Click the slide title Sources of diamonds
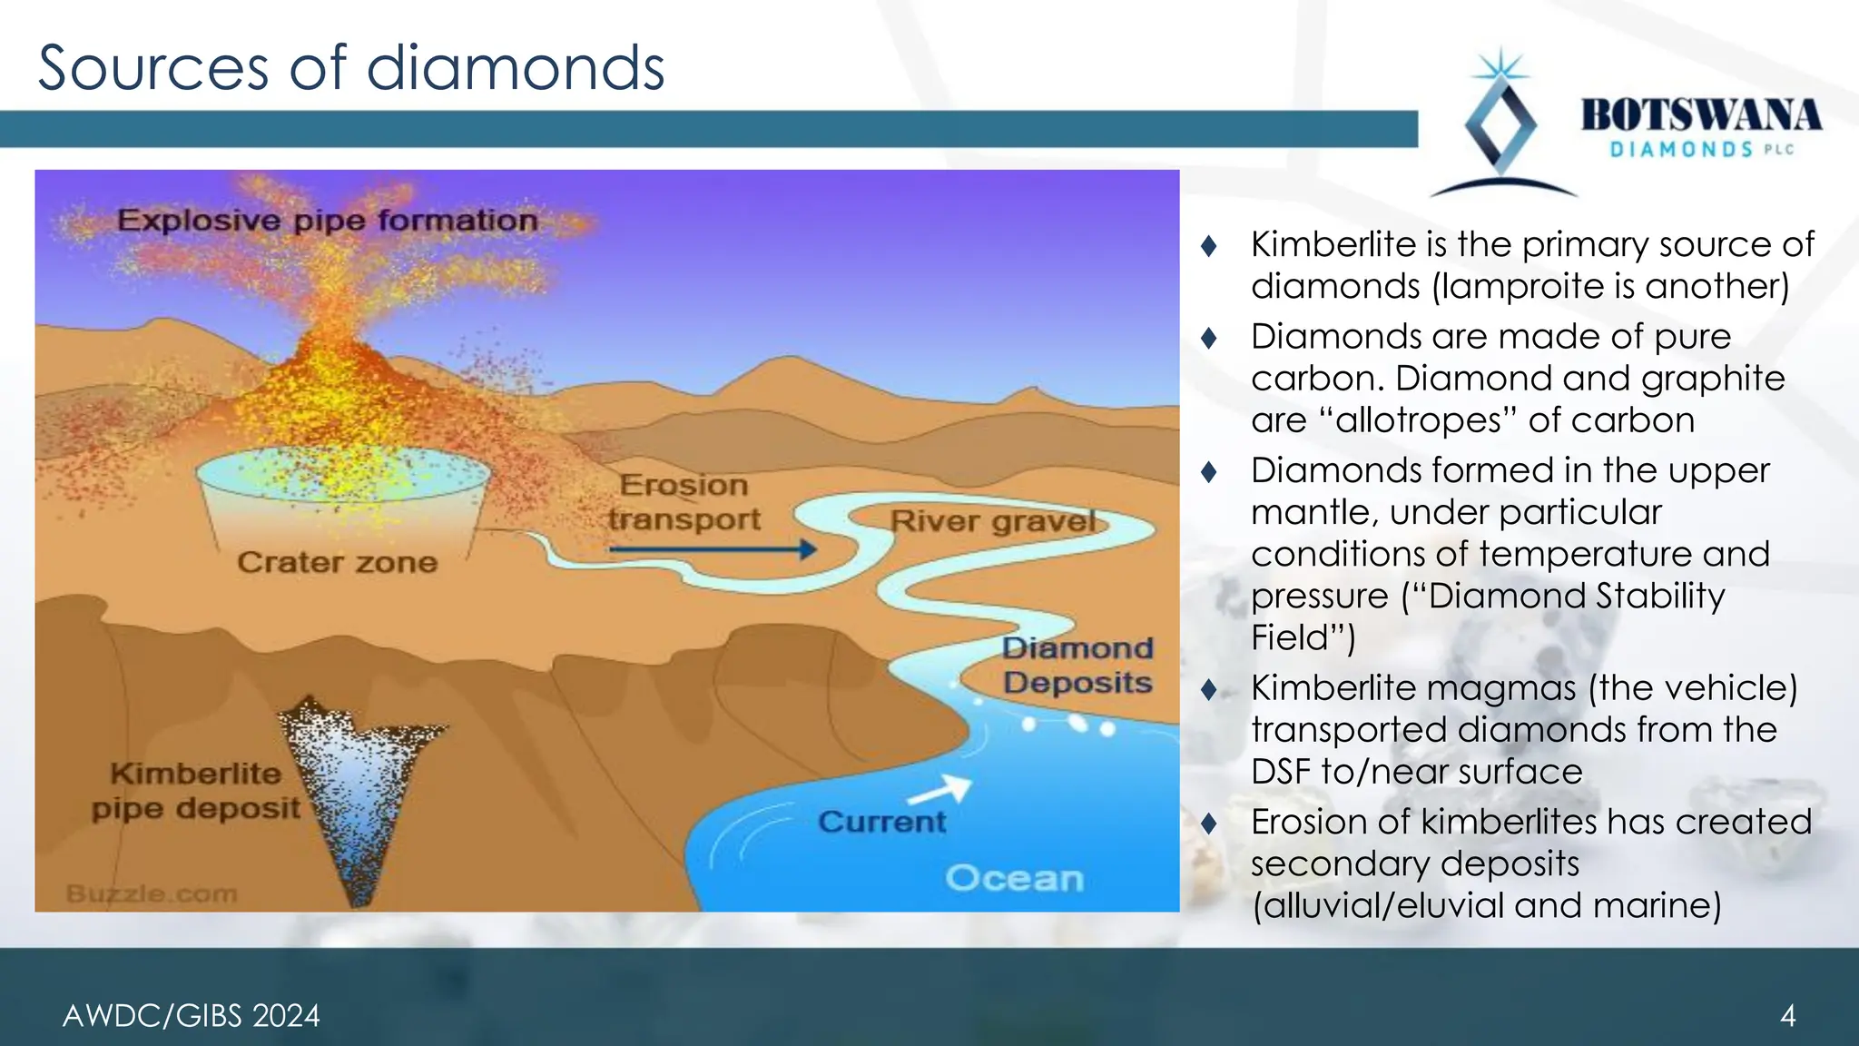pos(351,68)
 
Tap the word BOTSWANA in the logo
pos(1701,116)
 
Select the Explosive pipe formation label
pos(327,221)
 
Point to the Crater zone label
pos(337,563)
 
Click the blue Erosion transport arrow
pos(713,549)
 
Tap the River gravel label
pos(993,521)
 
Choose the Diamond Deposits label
pos(1077,666)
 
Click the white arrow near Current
pos(940,790)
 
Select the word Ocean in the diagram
pos(1014,878)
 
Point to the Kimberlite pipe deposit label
pos(195,791)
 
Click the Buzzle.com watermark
pos(152,894)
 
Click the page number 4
pos(1787,1015)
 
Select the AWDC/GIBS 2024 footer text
pos(191,1015)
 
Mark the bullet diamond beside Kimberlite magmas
pos(1208,690)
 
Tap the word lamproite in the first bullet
pos(1524,287)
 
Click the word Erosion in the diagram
pos(684,485)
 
